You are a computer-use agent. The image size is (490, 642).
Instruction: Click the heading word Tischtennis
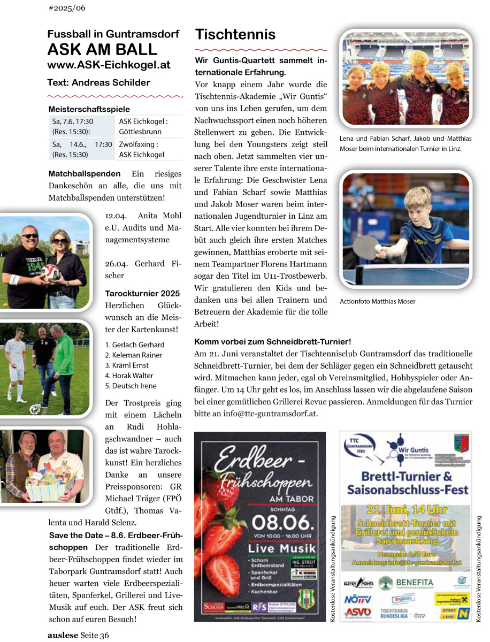(x=235, y=35)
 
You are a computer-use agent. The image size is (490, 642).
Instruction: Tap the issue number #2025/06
(x=67, y=8)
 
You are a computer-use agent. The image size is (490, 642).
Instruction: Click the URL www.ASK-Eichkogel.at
(x=109, y=65)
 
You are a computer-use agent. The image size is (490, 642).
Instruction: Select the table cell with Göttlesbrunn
(x=140, y=132)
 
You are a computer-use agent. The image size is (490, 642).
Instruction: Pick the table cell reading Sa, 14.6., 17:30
(x=82, y=144)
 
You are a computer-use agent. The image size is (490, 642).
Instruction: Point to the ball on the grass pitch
(x=35, y=409)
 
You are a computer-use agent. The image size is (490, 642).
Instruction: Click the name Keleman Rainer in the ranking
(x=134, y=355)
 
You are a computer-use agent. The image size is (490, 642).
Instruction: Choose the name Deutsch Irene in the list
(x=131, y=386)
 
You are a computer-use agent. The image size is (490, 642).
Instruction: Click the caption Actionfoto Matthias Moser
(x=378, y=301)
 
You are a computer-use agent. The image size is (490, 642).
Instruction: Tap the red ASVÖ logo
(x=357, y=612)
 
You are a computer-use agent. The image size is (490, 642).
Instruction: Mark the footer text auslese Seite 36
(x=78, y=635)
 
